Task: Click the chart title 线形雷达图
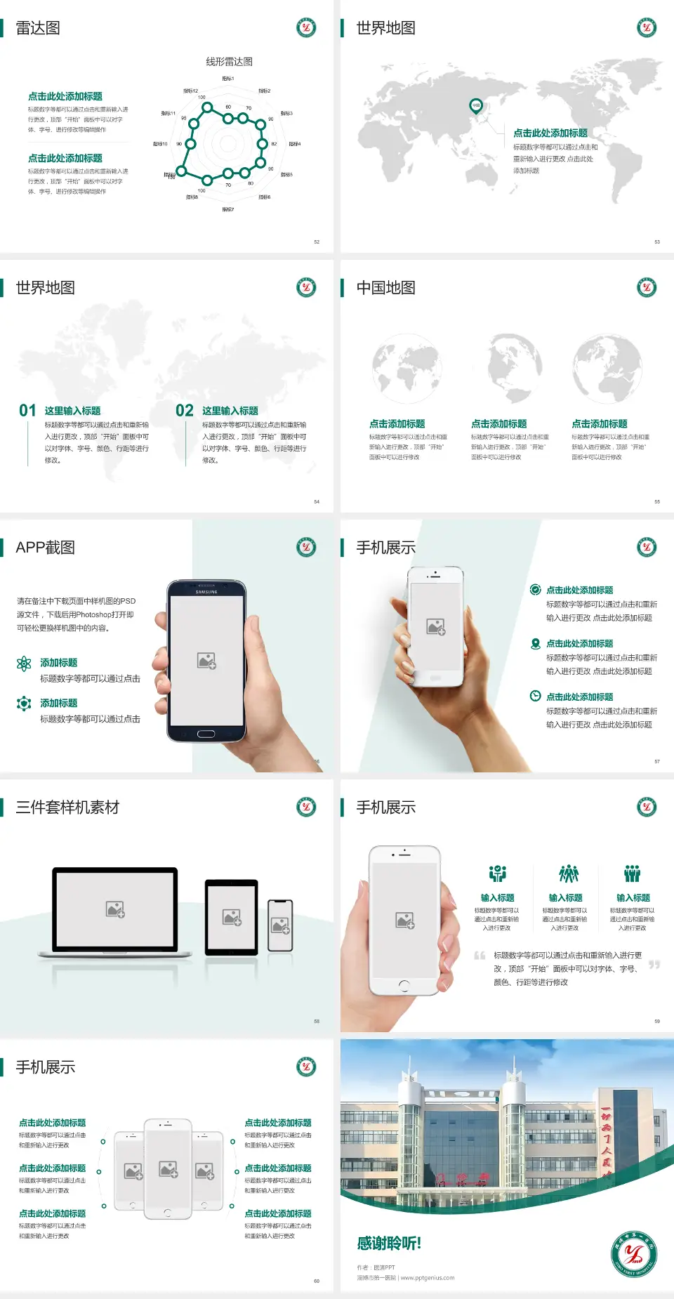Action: (x=229, y=62)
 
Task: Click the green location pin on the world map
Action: (x=476, y=106)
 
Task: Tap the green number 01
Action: (x=27, y=411)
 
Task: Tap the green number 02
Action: (x=185, y=411)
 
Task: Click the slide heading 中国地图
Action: (x=385, y=288)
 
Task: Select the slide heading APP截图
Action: (x=45, y=548)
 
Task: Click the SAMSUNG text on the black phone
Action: (x=206, y=592)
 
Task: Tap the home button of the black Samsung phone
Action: (x=206, y=734)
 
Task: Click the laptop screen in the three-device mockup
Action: (x=116, y=909)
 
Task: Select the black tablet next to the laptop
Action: (x=232, y=916)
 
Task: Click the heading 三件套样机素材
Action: (x=67, y=807)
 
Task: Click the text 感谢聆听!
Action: (x=389, y=1244)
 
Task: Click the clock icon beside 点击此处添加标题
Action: (x=535, y=696)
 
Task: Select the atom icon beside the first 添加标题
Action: (x=24, y=664)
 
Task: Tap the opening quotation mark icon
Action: (x=480, y=956)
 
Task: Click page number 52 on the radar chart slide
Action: (x=317, y=242)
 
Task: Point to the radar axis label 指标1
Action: (x=228, y=79)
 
